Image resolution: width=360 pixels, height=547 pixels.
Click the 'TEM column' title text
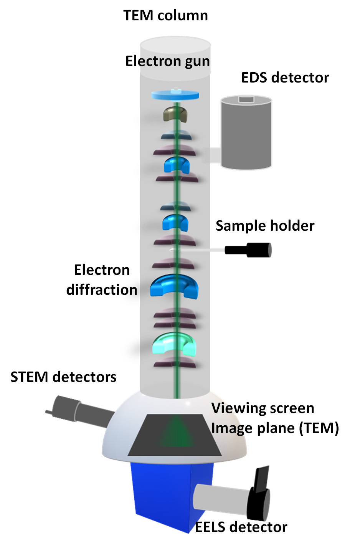(165, 16)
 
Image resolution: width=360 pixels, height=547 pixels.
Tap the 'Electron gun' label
(168, 61)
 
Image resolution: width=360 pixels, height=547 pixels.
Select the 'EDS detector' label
(285, 78)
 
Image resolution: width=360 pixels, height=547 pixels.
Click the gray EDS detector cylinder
(246, 134)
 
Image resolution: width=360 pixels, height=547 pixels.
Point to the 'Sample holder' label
(265, 226)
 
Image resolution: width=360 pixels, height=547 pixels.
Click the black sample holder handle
(250, 250)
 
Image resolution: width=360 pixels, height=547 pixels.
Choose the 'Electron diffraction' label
(102, 280)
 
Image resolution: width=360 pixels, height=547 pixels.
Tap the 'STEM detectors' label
(63, 377)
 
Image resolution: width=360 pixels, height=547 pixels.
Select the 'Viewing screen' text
(263, 408)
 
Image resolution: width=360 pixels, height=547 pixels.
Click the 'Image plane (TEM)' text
(275, 428)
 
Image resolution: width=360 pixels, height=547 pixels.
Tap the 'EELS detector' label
(241, 527)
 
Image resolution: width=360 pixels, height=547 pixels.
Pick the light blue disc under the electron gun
(175, 95)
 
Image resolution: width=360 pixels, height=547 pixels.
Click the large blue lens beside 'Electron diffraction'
(174, 286)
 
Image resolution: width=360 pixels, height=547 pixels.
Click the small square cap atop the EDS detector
(246, 99)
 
